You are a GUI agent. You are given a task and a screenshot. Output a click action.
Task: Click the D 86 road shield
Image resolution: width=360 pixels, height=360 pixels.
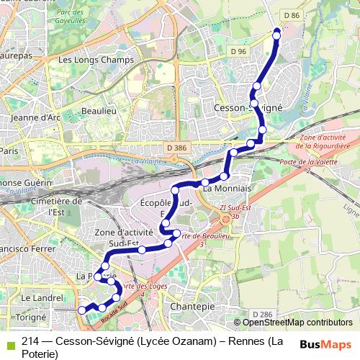[x=291, y=15]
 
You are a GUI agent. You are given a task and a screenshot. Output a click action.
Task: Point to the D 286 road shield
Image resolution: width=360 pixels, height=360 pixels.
[x=264, y=315]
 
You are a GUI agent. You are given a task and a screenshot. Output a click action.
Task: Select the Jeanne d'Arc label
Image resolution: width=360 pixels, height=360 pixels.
[x=36, y=117]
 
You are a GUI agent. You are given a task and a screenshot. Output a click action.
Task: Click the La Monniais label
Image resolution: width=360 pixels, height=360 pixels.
[x=227, y=188]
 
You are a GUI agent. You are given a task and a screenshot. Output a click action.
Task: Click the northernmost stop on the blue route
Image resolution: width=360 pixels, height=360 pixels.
[x=276, y=35]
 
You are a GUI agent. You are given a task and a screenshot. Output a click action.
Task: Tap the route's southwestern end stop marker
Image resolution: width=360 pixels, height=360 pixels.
[x=81, y=310]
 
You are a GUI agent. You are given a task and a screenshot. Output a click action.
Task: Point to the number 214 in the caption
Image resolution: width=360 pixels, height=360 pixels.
[x=30, y=341]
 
